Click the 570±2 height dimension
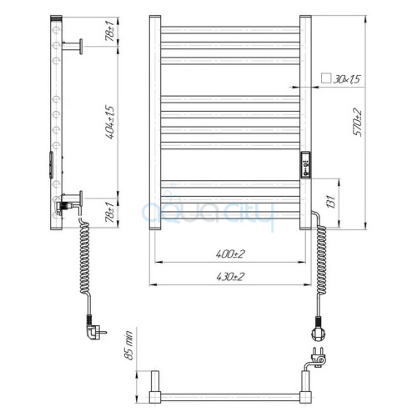(358, 123)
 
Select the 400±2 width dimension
(230, 254)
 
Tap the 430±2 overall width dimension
(230, 277)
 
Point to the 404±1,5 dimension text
(110, 122)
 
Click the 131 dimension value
(331, 201)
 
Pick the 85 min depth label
(129, 345)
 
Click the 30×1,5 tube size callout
(347, 79)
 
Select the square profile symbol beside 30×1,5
(326, 78)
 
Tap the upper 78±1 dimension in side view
(109, 31)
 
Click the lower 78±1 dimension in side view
(109, 212)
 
